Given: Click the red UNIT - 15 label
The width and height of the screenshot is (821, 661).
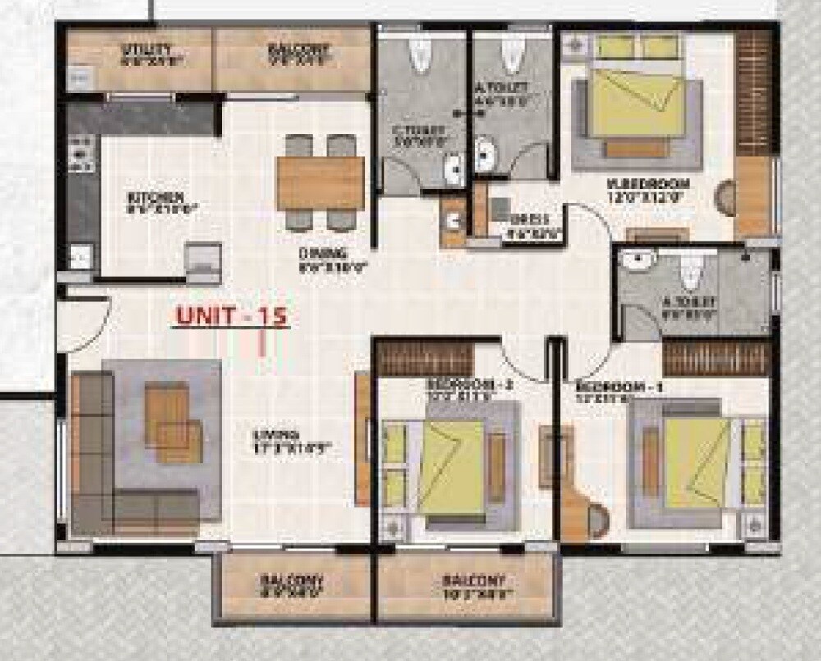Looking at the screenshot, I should [232, 317].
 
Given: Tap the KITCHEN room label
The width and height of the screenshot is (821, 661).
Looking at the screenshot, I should [154, 198].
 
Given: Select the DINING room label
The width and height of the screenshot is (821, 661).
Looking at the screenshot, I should [323, 253].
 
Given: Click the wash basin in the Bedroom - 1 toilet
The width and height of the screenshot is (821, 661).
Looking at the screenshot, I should [637, 262].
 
